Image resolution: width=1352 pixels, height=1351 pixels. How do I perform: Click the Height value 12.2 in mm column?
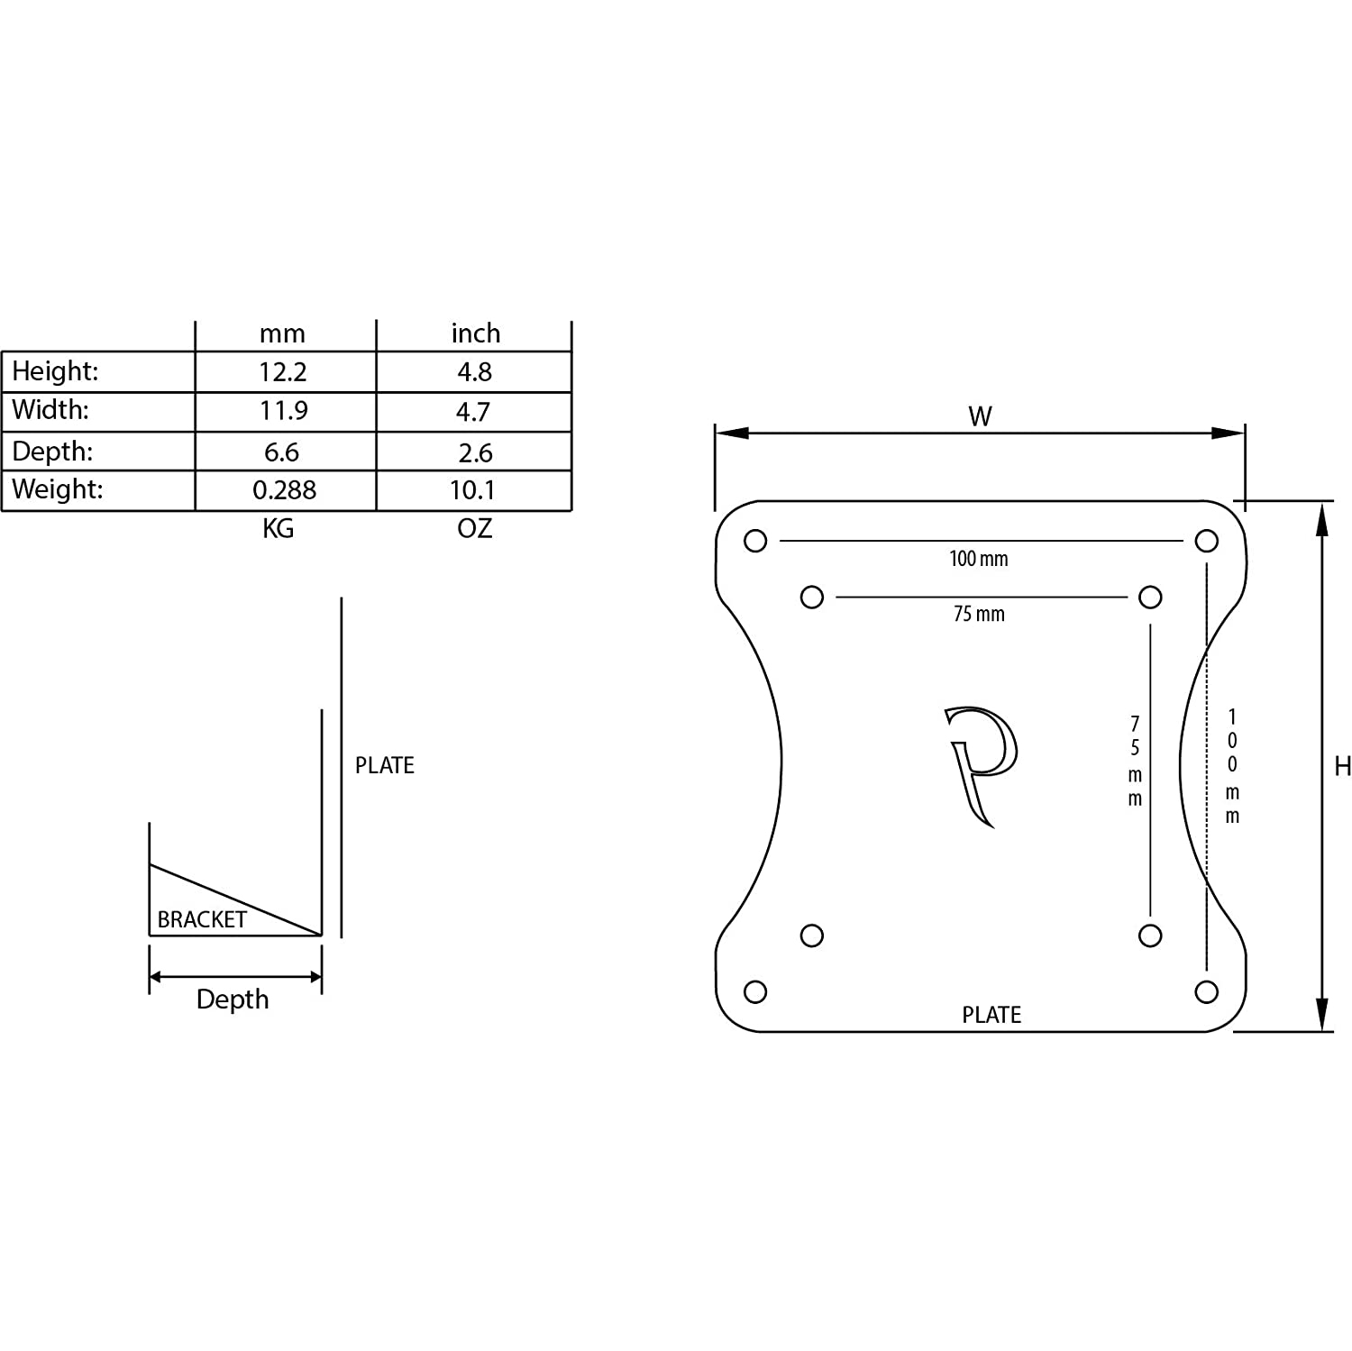point(283,372)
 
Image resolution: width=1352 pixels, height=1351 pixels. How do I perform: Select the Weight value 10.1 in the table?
point(472,490)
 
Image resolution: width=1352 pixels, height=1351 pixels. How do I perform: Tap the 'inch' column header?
point(475,333)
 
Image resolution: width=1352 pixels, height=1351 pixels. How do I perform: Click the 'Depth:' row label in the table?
point(52,452)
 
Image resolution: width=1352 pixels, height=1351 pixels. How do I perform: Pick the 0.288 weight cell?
point(284,490)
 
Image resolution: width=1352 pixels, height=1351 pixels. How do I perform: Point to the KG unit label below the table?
point(278,529)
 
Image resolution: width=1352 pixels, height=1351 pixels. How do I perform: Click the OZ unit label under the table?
point(474,529)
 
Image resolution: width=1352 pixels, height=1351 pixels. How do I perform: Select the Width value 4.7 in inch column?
point(472,412)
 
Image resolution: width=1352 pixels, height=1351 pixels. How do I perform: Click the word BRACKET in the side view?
point(202,919)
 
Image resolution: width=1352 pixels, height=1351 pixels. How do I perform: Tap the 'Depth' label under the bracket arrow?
point(233,1000)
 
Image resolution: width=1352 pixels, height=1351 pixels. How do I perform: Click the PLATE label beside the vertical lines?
point(384,765)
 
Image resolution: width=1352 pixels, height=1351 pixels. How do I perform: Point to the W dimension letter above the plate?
point(980,416)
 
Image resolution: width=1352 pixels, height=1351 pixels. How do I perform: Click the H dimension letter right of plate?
point(1342,766)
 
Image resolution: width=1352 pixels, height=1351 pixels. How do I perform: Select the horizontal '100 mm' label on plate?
point(978,559)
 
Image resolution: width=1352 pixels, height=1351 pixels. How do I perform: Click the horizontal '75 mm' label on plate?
point(978,615)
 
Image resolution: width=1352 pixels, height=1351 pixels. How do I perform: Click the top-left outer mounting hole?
point(755,541)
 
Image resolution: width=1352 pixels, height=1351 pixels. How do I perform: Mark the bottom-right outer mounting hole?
point(1206,992)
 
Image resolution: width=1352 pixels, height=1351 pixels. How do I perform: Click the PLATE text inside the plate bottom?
point(991,1015)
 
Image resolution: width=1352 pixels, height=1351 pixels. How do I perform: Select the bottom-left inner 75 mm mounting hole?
point(811,936)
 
